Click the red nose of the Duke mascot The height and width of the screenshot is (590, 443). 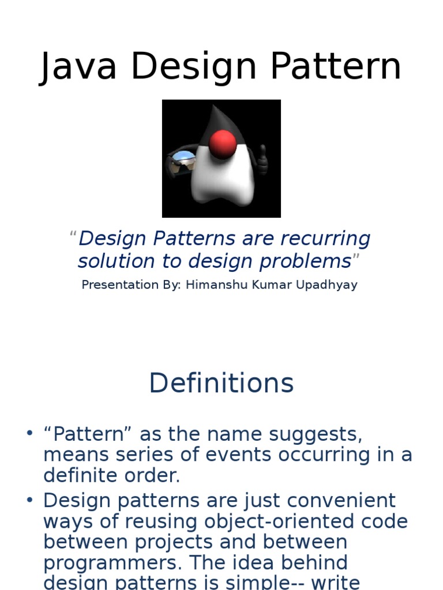[x=222, y=143]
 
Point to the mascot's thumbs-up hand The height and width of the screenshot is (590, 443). [x=262, y=160]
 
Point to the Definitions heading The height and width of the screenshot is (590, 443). [x=221, y=383]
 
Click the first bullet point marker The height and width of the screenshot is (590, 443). [x=30, y=433]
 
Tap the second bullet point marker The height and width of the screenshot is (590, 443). [x=30, y=500]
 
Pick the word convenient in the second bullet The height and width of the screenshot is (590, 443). [x=329, y=500]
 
